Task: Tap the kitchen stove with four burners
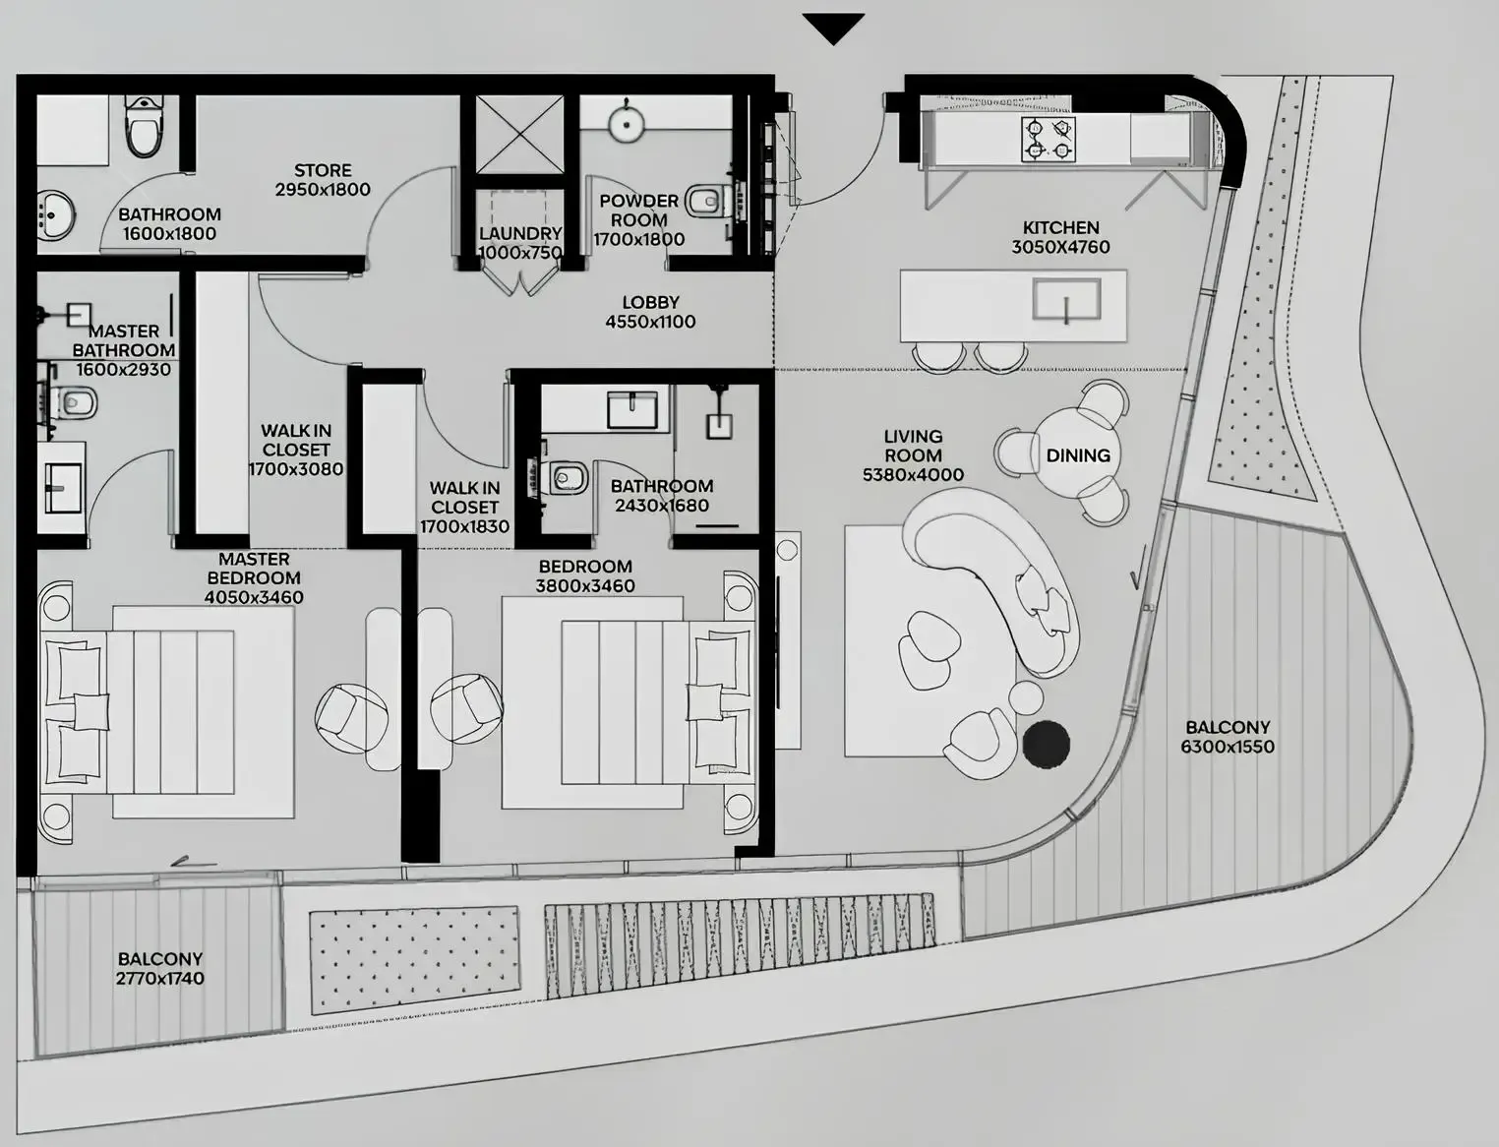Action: pyautogui.click(x=1048, y=139)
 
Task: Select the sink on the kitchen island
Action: pyautogui.click(x=1066, y=300)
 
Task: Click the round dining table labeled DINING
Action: pyautogui.click(x=1077, y=454)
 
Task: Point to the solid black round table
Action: pyautogui.click(x=1047, y=743)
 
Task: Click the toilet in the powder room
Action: pyautogui.click(x=705, y=203)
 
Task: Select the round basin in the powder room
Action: pyautogui.click(x=626, y=123)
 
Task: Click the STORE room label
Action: pyautogui.click(x=323, y=170)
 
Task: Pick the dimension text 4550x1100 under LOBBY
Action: pyautogui.click(x=650, y=322)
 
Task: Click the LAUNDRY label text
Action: pyautogui.click(x=520, y=233)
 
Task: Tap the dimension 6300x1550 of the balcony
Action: pyautogui.click(x=1228, y=747)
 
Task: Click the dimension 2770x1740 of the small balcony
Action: pyautogui.click(x=160, y=978)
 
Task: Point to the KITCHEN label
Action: pyautogui.click(x=1060, y=227)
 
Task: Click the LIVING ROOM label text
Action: pyautogui.click(x=913, y=446)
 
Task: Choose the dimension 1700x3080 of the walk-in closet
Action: pyautogui.click(x=296, y=469)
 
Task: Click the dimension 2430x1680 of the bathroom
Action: pyautogui.click(x=662, y=506)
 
